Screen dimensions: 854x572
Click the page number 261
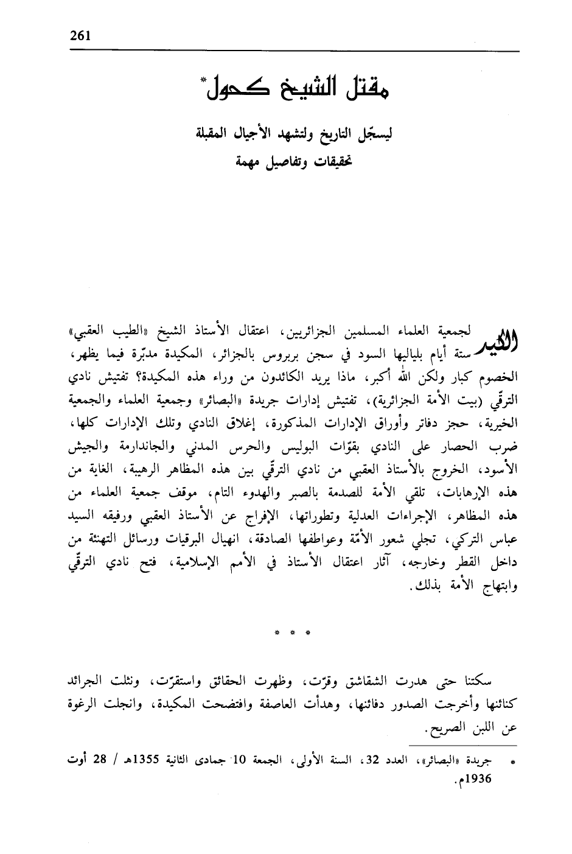coord(79,35)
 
